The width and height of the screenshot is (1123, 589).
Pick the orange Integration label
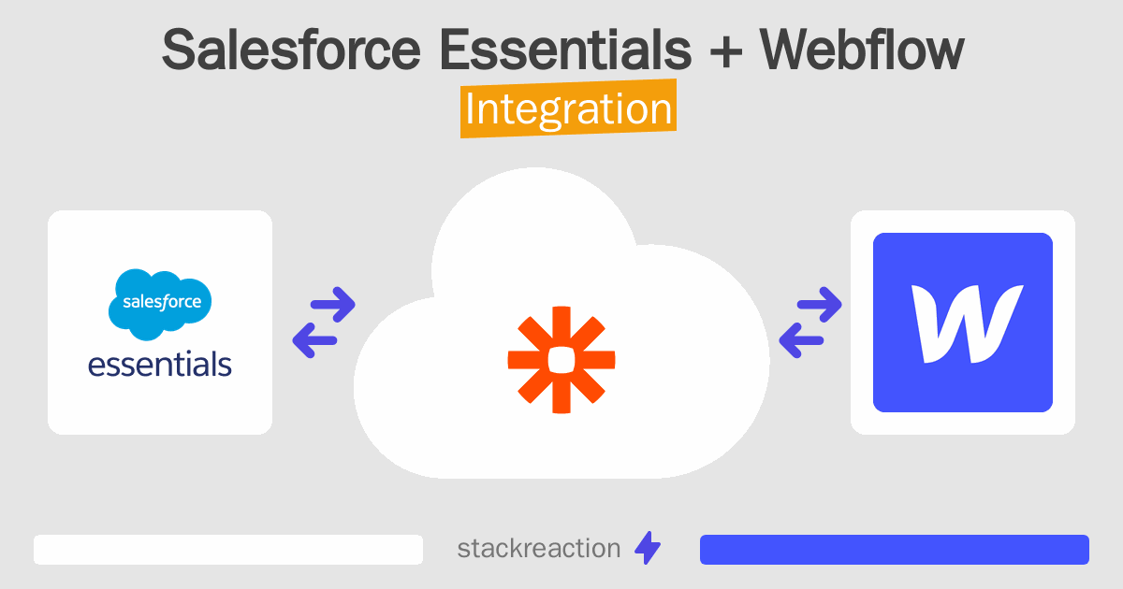click(568, 109)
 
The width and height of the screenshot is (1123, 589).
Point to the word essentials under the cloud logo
click(160, 363)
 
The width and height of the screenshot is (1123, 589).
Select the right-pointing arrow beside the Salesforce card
click(331, 303)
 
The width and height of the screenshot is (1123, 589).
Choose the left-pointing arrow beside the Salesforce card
click(314, 340)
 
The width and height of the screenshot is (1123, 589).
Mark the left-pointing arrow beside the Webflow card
click(801, 341)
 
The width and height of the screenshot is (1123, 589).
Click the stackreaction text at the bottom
click(538, 549)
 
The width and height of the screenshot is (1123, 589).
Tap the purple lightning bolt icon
click(648, 549)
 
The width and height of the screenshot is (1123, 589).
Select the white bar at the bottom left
click(228, 550)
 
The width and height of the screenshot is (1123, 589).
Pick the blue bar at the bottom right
click(894, 550)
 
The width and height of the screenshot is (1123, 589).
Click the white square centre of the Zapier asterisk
click(561, 359)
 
